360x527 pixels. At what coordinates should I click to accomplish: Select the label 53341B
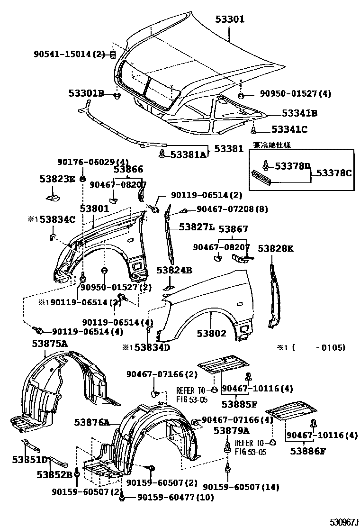tap(299, 113)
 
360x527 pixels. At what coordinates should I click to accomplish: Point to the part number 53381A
tap(189, 154)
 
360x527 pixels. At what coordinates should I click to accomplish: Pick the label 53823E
tap(57, 179)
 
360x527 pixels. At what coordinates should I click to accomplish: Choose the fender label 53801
tap(94, 209)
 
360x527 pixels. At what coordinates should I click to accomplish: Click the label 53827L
tap(197, 227)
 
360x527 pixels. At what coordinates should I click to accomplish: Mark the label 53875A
tap(50, 344)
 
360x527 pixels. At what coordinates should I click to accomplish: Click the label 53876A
tap(92, 422)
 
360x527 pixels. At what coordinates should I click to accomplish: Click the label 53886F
tap(308, 451)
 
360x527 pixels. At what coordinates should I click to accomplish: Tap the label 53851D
tap(30, 459)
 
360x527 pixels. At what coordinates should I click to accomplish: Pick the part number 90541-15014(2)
tap(69, 55)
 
